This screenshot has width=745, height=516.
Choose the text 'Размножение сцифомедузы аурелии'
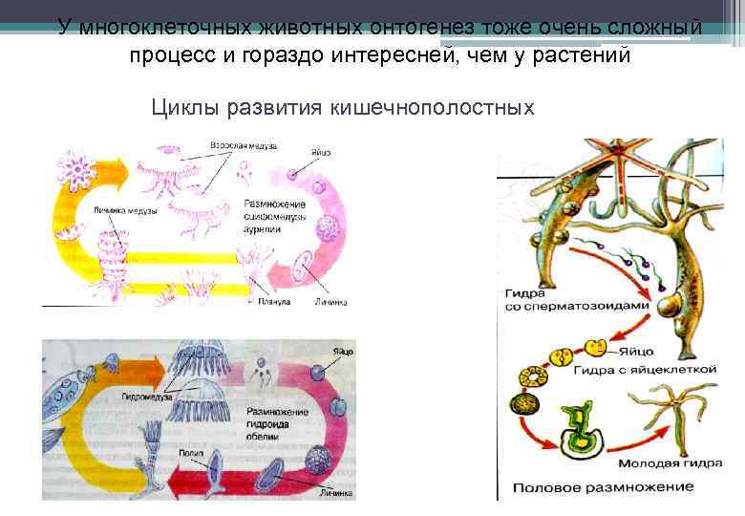(275, 214)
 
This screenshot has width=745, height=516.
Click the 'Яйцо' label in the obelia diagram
(341, 352)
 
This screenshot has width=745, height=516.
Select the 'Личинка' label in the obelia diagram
(334, 495)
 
